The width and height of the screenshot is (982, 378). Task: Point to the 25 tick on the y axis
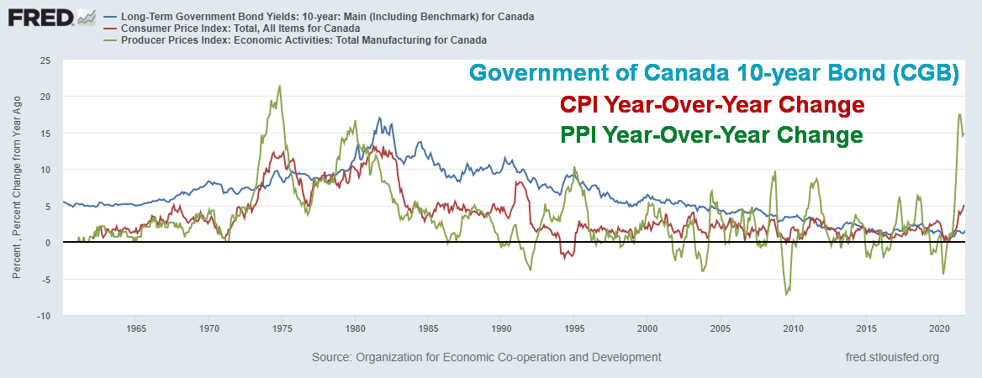point(45,60)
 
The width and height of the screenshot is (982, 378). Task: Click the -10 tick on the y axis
point(43,315)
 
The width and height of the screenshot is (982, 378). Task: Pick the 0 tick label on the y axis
point(48,243)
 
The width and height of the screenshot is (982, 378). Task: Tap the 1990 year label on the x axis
point(501,328)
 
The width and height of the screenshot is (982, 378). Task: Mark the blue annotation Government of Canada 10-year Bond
point(714,73)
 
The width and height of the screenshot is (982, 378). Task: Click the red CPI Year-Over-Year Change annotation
point(712,106)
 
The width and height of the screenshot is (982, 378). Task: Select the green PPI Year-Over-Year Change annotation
point(711,135)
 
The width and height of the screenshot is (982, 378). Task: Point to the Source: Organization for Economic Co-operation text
point(486,357)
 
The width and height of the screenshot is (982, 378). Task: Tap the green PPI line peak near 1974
point(279,86)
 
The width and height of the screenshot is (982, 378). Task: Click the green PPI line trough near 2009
point(786,294)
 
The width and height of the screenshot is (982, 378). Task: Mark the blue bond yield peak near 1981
point(379,118)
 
